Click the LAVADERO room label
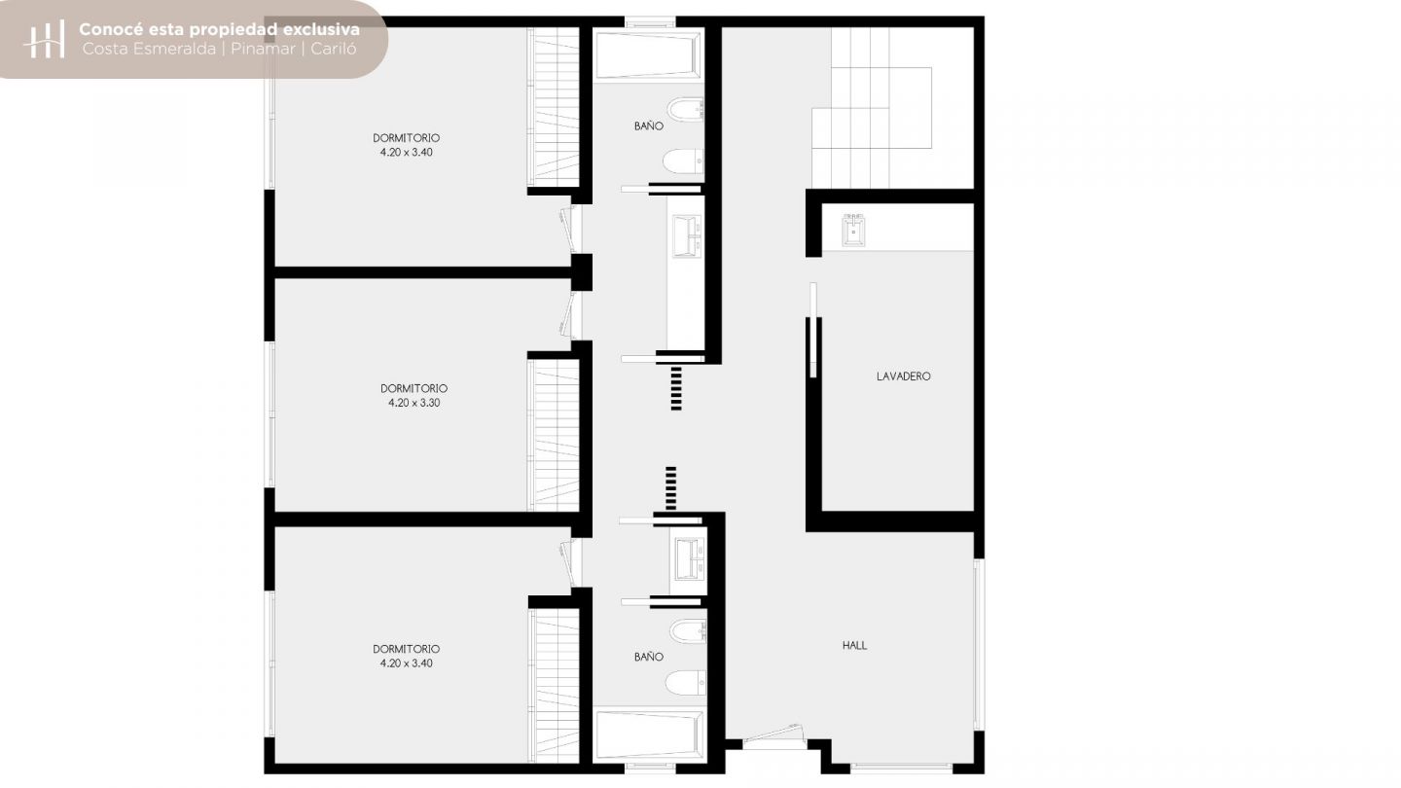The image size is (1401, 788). [x=903, y=376]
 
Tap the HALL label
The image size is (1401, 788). [x=854, y=645]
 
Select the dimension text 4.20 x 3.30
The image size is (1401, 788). [x=414, y=403]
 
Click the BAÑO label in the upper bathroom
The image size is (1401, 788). [x=649, y=125]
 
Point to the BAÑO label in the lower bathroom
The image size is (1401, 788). [x=649, y=657]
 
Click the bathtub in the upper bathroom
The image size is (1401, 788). [x=648, y=55]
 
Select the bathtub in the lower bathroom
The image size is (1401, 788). [x=648, y=734]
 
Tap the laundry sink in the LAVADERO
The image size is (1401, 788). [x=853, y=231]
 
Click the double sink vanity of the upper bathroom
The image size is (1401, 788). [x=687, y=235]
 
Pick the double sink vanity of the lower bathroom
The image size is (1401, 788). [x=690, y=557]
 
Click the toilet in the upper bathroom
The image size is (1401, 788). [x=683, y=161]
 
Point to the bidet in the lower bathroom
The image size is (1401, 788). [x=688, y=630]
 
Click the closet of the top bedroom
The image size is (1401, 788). [x=555, y=107]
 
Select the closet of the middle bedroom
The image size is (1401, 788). [x=555, y=435]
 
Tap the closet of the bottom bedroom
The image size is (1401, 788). [x=555, y=686]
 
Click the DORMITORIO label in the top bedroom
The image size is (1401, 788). [x=407, y=137]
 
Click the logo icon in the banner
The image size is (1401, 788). [x=44, y=39]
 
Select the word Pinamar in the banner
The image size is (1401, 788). [x=263, y=49]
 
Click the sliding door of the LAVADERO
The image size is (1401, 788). [x=813, y=330]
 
